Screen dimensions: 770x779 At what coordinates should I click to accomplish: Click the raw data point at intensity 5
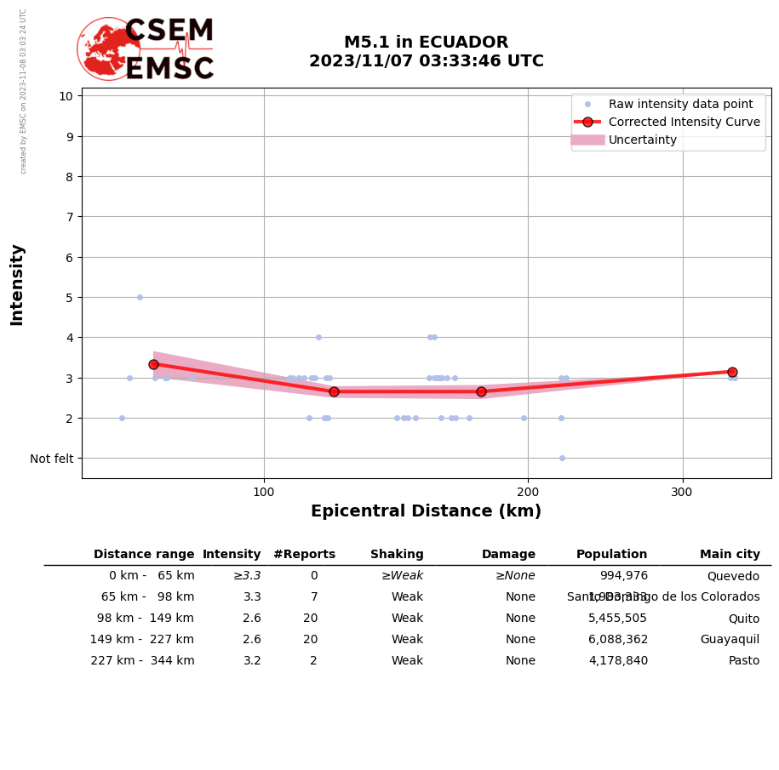(x=140, y=297)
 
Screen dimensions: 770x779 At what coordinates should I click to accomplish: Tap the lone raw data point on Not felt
(x=562, y=458)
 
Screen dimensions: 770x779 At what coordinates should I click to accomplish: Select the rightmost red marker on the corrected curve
(x=732, y=372)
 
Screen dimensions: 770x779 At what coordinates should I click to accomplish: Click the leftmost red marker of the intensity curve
(x=153, y=364)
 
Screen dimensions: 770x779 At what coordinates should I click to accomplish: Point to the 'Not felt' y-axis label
(x=52, y=459)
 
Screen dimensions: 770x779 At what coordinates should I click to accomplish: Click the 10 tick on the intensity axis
(x=66, y=95)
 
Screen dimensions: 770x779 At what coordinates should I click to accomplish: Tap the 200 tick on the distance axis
(x=528, y=492)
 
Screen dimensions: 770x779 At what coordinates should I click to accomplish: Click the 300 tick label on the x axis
(x=682, y=492)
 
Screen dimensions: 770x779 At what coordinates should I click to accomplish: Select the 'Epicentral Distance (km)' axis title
(x=426, y=511)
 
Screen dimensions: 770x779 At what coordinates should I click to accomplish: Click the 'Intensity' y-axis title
(x=17, y=284)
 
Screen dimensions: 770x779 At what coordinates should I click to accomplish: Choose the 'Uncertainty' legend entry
(x=642, y=140)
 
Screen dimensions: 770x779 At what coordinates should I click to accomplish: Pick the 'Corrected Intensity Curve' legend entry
(x=684, y=122)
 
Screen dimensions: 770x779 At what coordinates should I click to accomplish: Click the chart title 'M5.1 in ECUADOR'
(x=426, y=43)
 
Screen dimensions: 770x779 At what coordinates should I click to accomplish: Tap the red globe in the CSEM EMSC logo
(x=108, y=48)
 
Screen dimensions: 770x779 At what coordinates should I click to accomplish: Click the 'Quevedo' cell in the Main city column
(x=733, y=576)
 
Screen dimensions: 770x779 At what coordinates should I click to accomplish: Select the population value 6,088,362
(x=618, y=640)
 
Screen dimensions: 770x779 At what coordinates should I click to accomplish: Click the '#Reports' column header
(x=304, y=555)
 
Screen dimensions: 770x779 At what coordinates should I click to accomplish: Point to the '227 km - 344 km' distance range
(x=142, y=661)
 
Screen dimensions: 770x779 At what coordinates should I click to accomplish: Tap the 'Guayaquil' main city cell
(x=730, y=640)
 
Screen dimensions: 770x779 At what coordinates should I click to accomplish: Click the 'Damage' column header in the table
(x=508, y=555)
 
